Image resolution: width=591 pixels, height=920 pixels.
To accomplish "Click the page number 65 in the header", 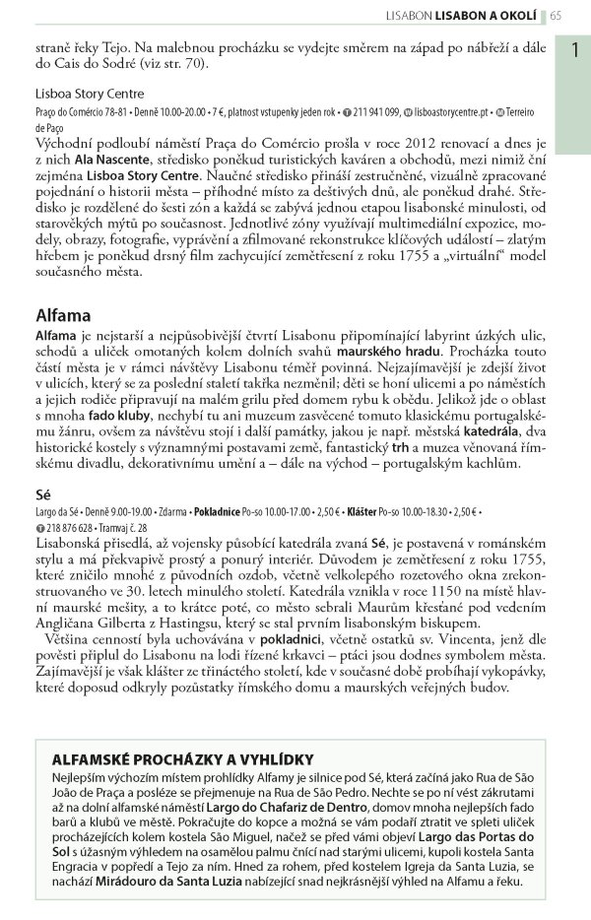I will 557,15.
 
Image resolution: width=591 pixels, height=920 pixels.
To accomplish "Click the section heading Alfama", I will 63,316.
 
